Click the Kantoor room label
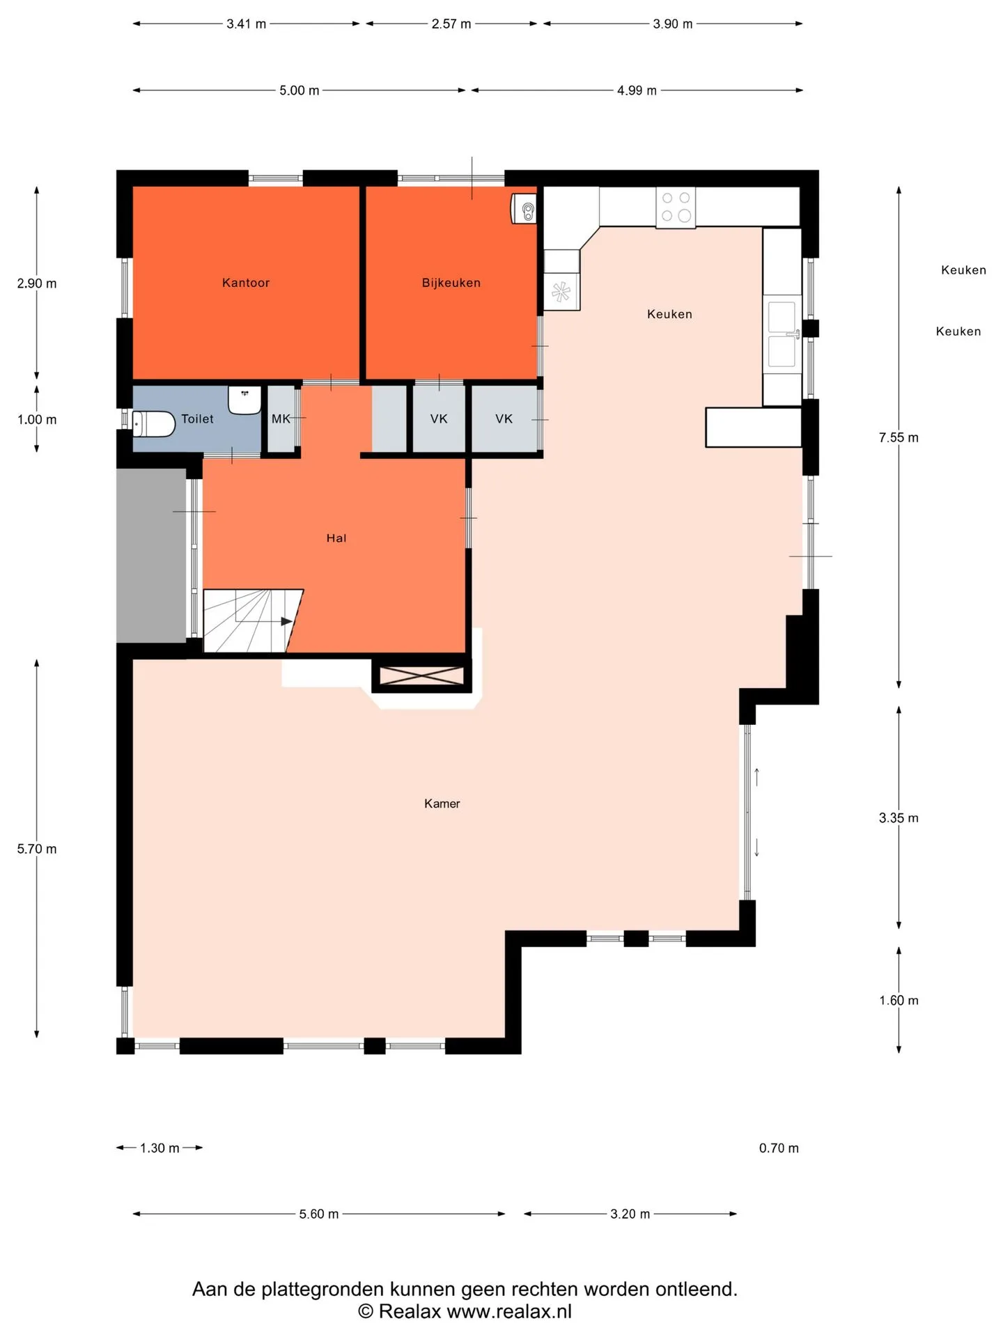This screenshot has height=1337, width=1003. pos(246,283)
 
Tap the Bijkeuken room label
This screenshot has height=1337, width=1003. pos(451,283)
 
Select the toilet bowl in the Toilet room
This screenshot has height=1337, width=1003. pos(153,423)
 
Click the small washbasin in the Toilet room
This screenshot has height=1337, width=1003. pos(244,400)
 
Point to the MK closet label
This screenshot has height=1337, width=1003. pos(281,419)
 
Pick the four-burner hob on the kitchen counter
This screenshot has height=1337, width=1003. pos(676,207)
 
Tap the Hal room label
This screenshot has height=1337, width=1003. pos(336,538)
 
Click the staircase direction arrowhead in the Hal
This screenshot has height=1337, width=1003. pos(287,621)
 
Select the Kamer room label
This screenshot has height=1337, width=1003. pos(442,804)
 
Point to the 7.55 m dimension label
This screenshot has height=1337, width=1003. pos(899,437)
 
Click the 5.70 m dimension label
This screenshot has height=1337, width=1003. pos(37,849)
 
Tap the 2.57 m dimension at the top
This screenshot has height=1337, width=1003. pos(451,24)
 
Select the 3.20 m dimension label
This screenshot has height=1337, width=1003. pos(630,1214)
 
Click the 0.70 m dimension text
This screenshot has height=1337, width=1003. pos(779,1148)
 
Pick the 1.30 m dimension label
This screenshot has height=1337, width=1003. pos(160,1148)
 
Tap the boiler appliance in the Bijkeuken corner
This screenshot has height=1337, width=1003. pos(524,208)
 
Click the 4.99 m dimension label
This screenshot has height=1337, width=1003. pos(637,91)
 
